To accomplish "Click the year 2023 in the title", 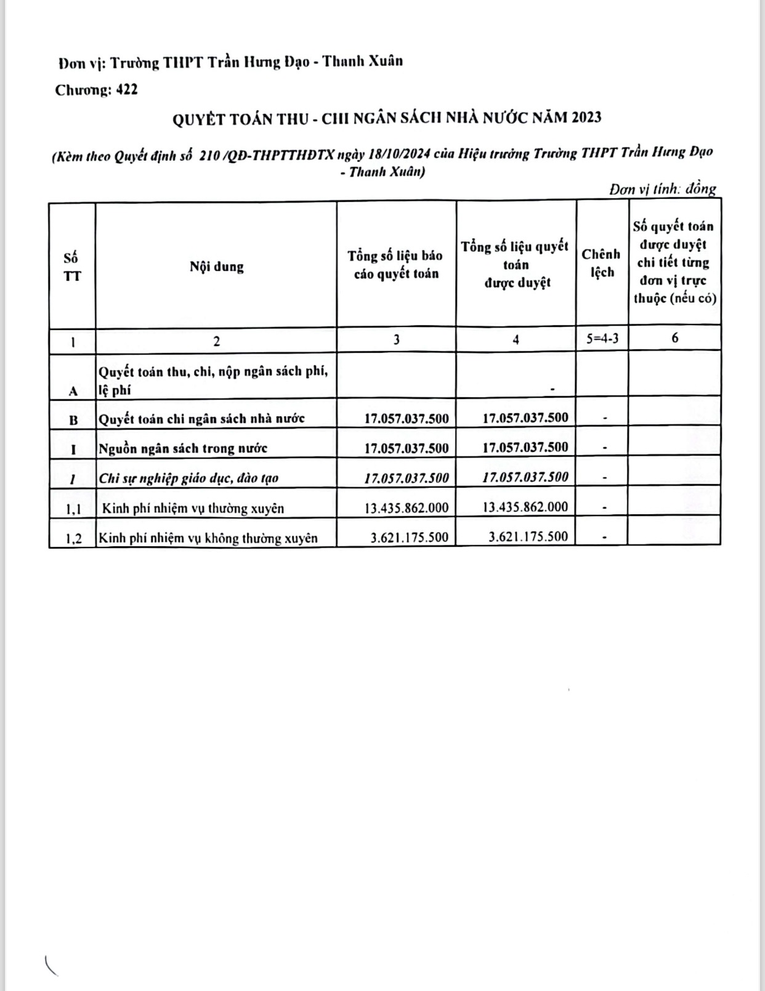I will [586, 117].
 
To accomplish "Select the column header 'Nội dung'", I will [216, 267].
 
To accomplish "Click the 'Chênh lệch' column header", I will [601, 263].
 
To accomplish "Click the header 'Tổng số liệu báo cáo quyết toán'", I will [395, 264].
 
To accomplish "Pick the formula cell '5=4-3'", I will [601, 338].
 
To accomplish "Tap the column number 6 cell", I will [675, 338].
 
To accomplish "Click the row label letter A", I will [73, 390].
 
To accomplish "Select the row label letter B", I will [73, 420].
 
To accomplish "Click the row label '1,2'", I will [73, 539].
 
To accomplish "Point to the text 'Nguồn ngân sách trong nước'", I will [183, 448].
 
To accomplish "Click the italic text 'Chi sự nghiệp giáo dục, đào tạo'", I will [188, 478].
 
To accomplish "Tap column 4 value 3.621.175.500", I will [528, 536].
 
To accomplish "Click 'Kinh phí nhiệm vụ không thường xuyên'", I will [208, 538].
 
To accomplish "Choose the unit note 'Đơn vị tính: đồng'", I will [663, 189].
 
